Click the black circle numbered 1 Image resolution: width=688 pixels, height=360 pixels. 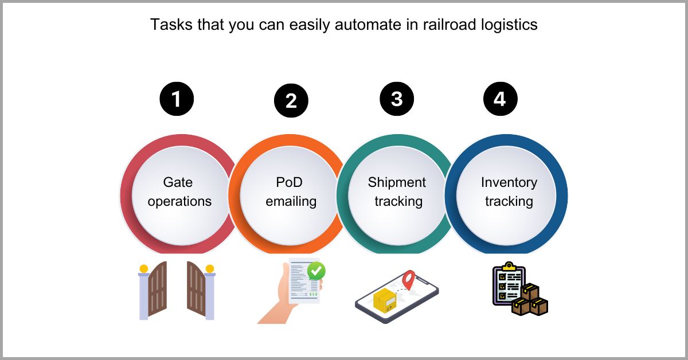tap(177, 99)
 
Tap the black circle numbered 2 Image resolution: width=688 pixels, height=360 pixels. tap(291, 101)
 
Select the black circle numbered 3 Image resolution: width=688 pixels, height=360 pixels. tap(397, 99)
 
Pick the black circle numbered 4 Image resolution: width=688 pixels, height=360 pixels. tap(501, 99)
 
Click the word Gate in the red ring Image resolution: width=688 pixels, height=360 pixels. tap(178, 183)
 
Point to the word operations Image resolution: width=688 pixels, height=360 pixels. tap(179, 202)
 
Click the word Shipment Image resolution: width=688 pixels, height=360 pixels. tap(397, 183)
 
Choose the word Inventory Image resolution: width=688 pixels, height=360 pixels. tap(509, 183)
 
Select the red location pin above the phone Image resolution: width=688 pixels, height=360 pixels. tap(408, 280)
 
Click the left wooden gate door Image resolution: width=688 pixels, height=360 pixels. tap(157, 289)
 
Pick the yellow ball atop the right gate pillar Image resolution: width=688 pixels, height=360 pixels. tap(210, 268)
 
